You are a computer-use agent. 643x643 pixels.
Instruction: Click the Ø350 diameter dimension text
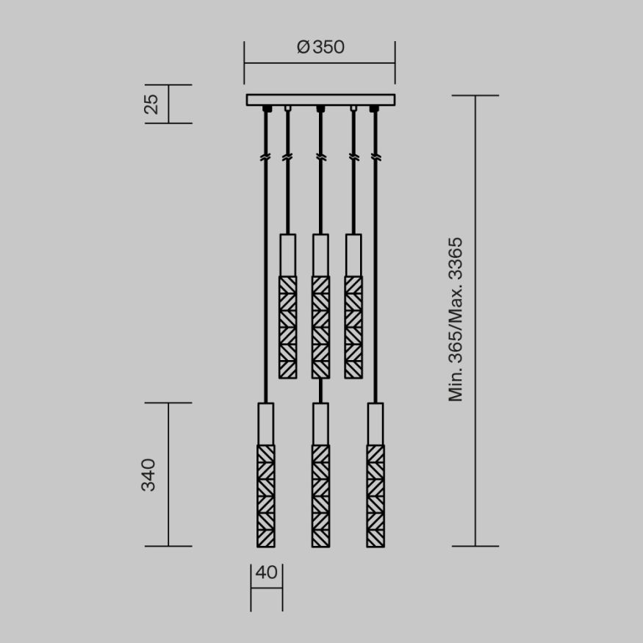[320, 47]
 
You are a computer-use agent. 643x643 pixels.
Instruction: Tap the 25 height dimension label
[151, 104]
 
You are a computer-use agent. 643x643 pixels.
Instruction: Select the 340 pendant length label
[148, 475]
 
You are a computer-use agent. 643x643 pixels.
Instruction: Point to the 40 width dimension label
[267, 572]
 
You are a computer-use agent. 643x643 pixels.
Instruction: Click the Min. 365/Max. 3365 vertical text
[456, 319]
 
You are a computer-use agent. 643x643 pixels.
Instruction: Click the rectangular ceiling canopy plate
[320, 100]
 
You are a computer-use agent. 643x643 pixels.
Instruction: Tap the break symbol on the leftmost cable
[266, 157]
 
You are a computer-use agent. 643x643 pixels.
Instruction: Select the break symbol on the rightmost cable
[376, 157]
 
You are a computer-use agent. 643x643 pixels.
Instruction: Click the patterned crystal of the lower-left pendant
[266, 495]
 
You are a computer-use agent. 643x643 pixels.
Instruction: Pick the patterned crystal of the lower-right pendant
[376, 495]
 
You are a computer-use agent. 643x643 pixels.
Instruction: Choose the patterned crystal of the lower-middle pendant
[320, 495]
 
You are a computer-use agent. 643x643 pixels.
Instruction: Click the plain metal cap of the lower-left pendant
[266, 423]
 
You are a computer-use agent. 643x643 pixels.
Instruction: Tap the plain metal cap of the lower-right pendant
[376, 423]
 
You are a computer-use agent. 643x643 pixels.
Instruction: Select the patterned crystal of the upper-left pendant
[287, 327]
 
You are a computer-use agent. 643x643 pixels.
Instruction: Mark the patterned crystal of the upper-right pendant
[353, 327]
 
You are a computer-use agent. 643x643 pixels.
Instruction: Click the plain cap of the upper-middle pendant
[320, 255]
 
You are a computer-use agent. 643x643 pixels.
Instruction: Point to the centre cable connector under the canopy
[320, 109]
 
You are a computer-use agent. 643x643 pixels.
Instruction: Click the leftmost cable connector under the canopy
[266, 109]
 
